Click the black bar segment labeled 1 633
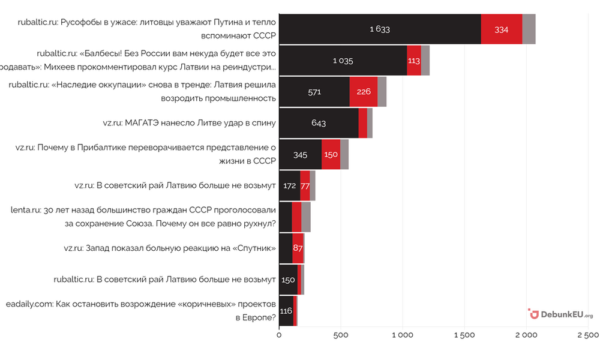tap(380, 29)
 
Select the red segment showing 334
tap(502, 29)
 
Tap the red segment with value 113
tap(414, 61)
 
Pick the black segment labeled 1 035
tap(343, 61)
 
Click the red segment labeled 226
tap(364, 92)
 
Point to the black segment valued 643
tap(319, 123)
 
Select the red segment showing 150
tap(331, 155)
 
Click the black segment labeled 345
tap(301, 155)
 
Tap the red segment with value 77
tap(305, 186)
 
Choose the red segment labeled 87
tap(298, 248)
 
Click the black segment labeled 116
tap(286, 311)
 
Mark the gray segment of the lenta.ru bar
tap(306, 217)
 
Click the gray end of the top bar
tap(529, 29)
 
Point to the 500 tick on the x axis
tap(341, 335)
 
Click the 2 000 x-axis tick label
tap(526, 335)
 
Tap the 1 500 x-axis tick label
tap(464, 335)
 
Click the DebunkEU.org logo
tap(560, 314)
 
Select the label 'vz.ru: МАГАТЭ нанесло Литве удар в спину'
tap(190, 123)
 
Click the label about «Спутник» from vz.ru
tap(170, 248)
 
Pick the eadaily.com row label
tap(141, 311)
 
